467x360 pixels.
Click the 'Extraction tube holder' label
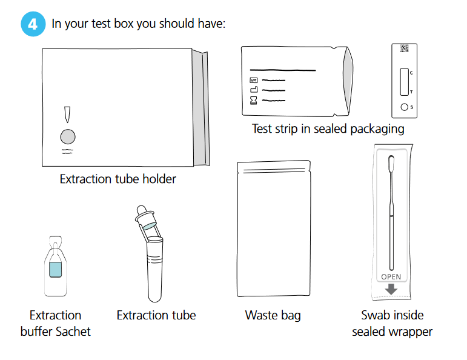(118, 179)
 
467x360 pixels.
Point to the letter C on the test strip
(412, 73)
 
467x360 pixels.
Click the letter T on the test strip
(412, 92)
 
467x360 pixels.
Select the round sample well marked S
(404, 108)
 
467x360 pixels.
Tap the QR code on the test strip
(404, 48)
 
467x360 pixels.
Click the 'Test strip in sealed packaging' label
(328, 128)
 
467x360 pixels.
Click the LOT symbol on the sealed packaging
(254, 80)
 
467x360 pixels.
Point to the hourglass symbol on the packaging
(254, 100)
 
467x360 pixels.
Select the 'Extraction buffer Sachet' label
(55, 323)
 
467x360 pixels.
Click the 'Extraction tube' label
(156, 315)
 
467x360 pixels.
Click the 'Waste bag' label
(273, 315)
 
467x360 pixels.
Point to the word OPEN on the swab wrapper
(391, 277)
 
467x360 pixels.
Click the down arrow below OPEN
(391, 288)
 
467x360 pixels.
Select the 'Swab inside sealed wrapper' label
(392, 323)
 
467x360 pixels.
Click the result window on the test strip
(404, 82)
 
